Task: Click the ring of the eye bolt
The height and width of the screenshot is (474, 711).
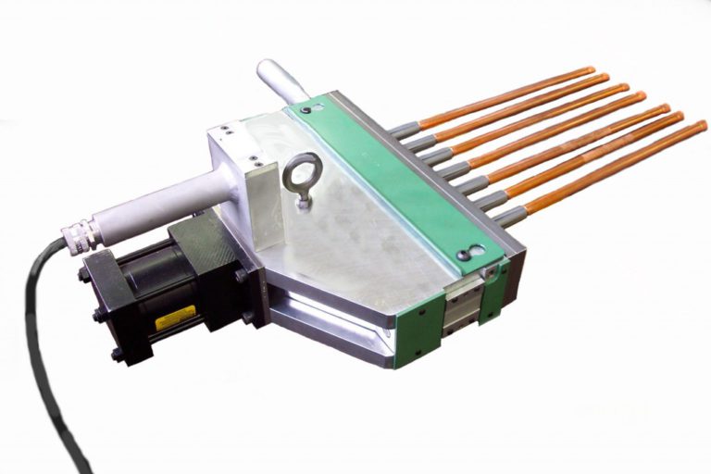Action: [x=303, y=167]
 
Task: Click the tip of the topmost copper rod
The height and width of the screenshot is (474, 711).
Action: [x=589, y=70]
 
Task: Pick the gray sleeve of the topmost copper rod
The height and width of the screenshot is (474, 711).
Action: [x=405, y=131]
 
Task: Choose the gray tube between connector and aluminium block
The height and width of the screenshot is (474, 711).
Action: [x=157, y=203]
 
